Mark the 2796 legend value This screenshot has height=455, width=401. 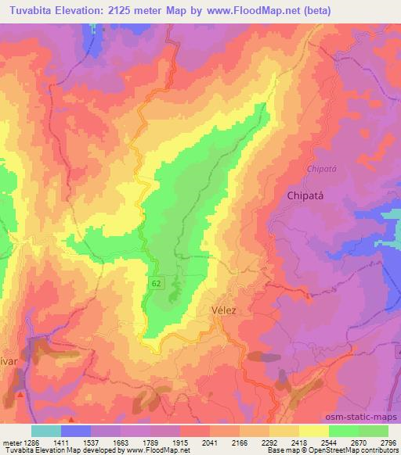tap(389, 442)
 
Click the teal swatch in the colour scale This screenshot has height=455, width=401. tap(46, 431)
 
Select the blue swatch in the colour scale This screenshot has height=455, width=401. tap(75, 431)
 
